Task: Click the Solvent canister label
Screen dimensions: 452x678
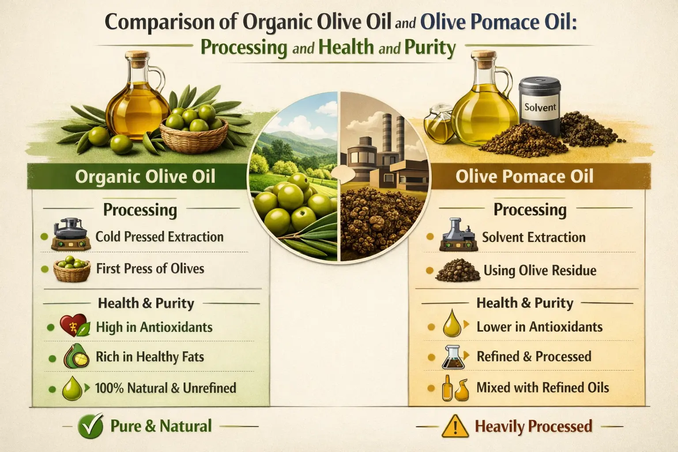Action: tap(540, 107)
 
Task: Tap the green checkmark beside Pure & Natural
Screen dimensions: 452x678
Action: tap(90, 426)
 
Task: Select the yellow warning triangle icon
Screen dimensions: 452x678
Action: tap(454, 426)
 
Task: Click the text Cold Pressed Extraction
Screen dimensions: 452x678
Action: tap(159, 237)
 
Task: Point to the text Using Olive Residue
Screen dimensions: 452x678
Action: tap(539, 270)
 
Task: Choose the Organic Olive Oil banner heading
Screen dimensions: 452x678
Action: tap(145, 177)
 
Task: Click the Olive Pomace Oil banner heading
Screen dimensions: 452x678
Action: tap(524, 177)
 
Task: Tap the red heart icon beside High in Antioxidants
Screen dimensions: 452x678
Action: tap(71, 326)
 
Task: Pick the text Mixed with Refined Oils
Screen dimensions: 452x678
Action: tap(542, 388)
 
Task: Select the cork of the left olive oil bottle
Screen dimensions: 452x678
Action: tap(132, 57)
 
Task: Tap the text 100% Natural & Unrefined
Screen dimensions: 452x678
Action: tap(166, 388)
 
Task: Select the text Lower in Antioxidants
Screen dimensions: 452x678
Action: tap(539, 327)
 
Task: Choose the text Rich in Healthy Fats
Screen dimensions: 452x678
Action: tap(150, 357)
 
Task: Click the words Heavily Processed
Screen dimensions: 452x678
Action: tap(533, 426)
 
